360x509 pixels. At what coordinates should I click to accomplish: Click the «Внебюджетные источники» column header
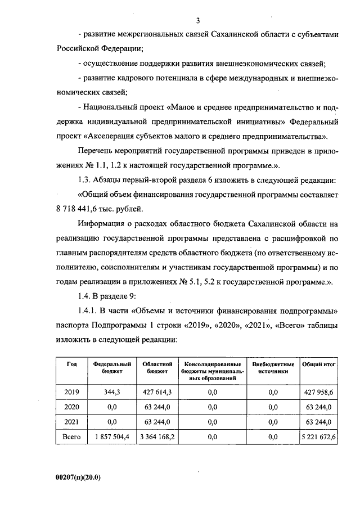(x=273, y=367)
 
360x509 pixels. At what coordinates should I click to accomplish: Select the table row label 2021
(x=72, y=421)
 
